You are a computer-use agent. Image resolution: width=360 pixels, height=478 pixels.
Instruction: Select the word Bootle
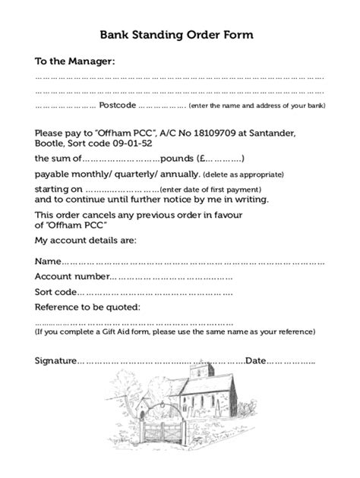[51, 142]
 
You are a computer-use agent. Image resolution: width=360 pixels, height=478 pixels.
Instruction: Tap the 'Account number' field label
[72, 277]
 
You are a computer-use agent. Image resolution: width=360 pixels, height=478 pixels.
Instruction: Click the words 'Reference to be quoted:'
[87, 307]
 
